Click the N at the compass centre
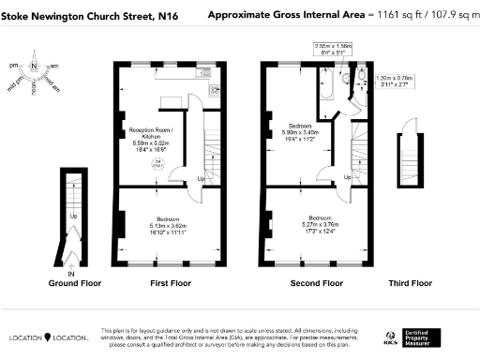pos(33,67)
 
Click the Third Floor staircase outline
pos(408,150)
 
